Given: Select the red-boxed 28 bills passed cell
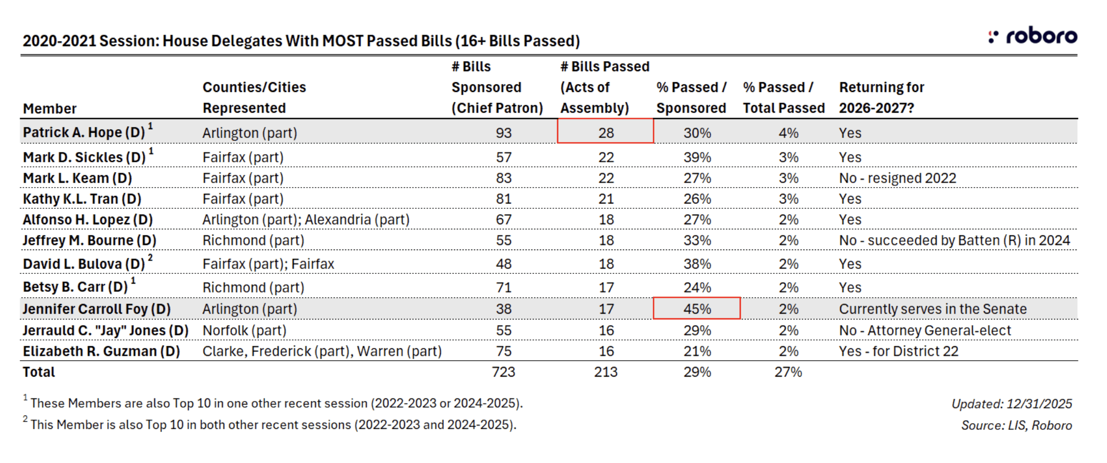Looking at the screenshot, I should point(605,132).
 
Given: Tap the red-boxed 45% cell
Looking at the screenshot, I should point(697,309).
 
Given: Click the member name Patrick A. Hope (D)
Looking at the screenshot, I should point(84,133).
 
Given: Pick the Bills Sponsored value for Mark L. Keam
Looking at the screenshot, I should point(503,178).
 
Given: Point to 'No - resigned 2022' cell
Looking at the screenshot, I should point(897,178).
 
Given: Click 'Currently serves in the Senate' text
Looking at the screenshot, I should point(933,309).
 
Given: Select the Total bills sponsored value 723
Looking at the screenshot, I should point(503,372).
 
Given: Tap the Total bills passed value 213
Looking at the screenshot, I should point(605,372).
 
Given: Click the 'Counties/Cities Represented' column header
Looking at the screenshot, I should point(254,98).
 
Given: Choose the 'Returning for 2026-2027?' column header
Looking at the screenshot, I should point(881,98).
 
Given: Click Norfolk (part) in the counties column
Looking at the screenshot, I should point(244,331).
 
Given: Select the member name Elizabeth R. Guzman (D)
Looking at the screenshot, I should point(101,351).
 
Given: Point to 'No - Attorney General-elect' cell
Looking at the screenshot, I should point(924,331).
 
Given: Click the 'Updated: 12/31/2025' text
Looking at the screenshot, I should point(1011,404).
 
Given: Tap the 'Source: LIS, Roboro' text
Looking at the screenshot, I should point(1016,425).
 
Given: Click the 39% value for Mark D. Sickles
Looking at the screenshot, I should point(697,158).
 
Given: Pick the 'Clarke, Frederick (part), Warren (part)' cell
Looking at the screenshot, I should point(322,351).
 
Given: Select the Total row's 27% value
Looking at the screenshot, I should point(788,372).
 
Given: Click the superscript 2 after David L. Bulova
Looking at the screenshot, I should point(150,257).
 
